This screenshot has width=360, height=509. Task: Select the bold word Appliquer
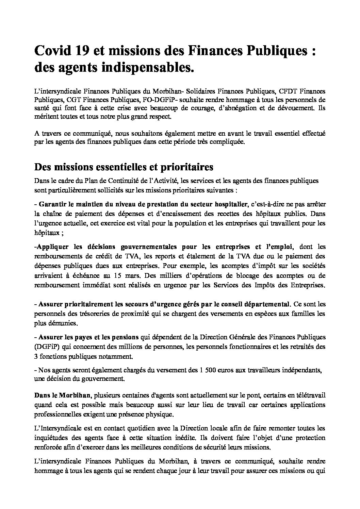52,247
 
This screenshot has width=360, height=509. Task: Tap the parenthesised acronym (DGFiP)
46,347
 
